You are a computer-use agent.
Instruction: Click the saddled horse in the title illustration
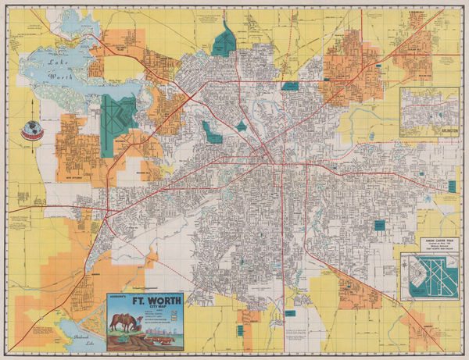124,322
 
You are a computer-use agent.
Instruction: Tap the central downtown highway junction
273,160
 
